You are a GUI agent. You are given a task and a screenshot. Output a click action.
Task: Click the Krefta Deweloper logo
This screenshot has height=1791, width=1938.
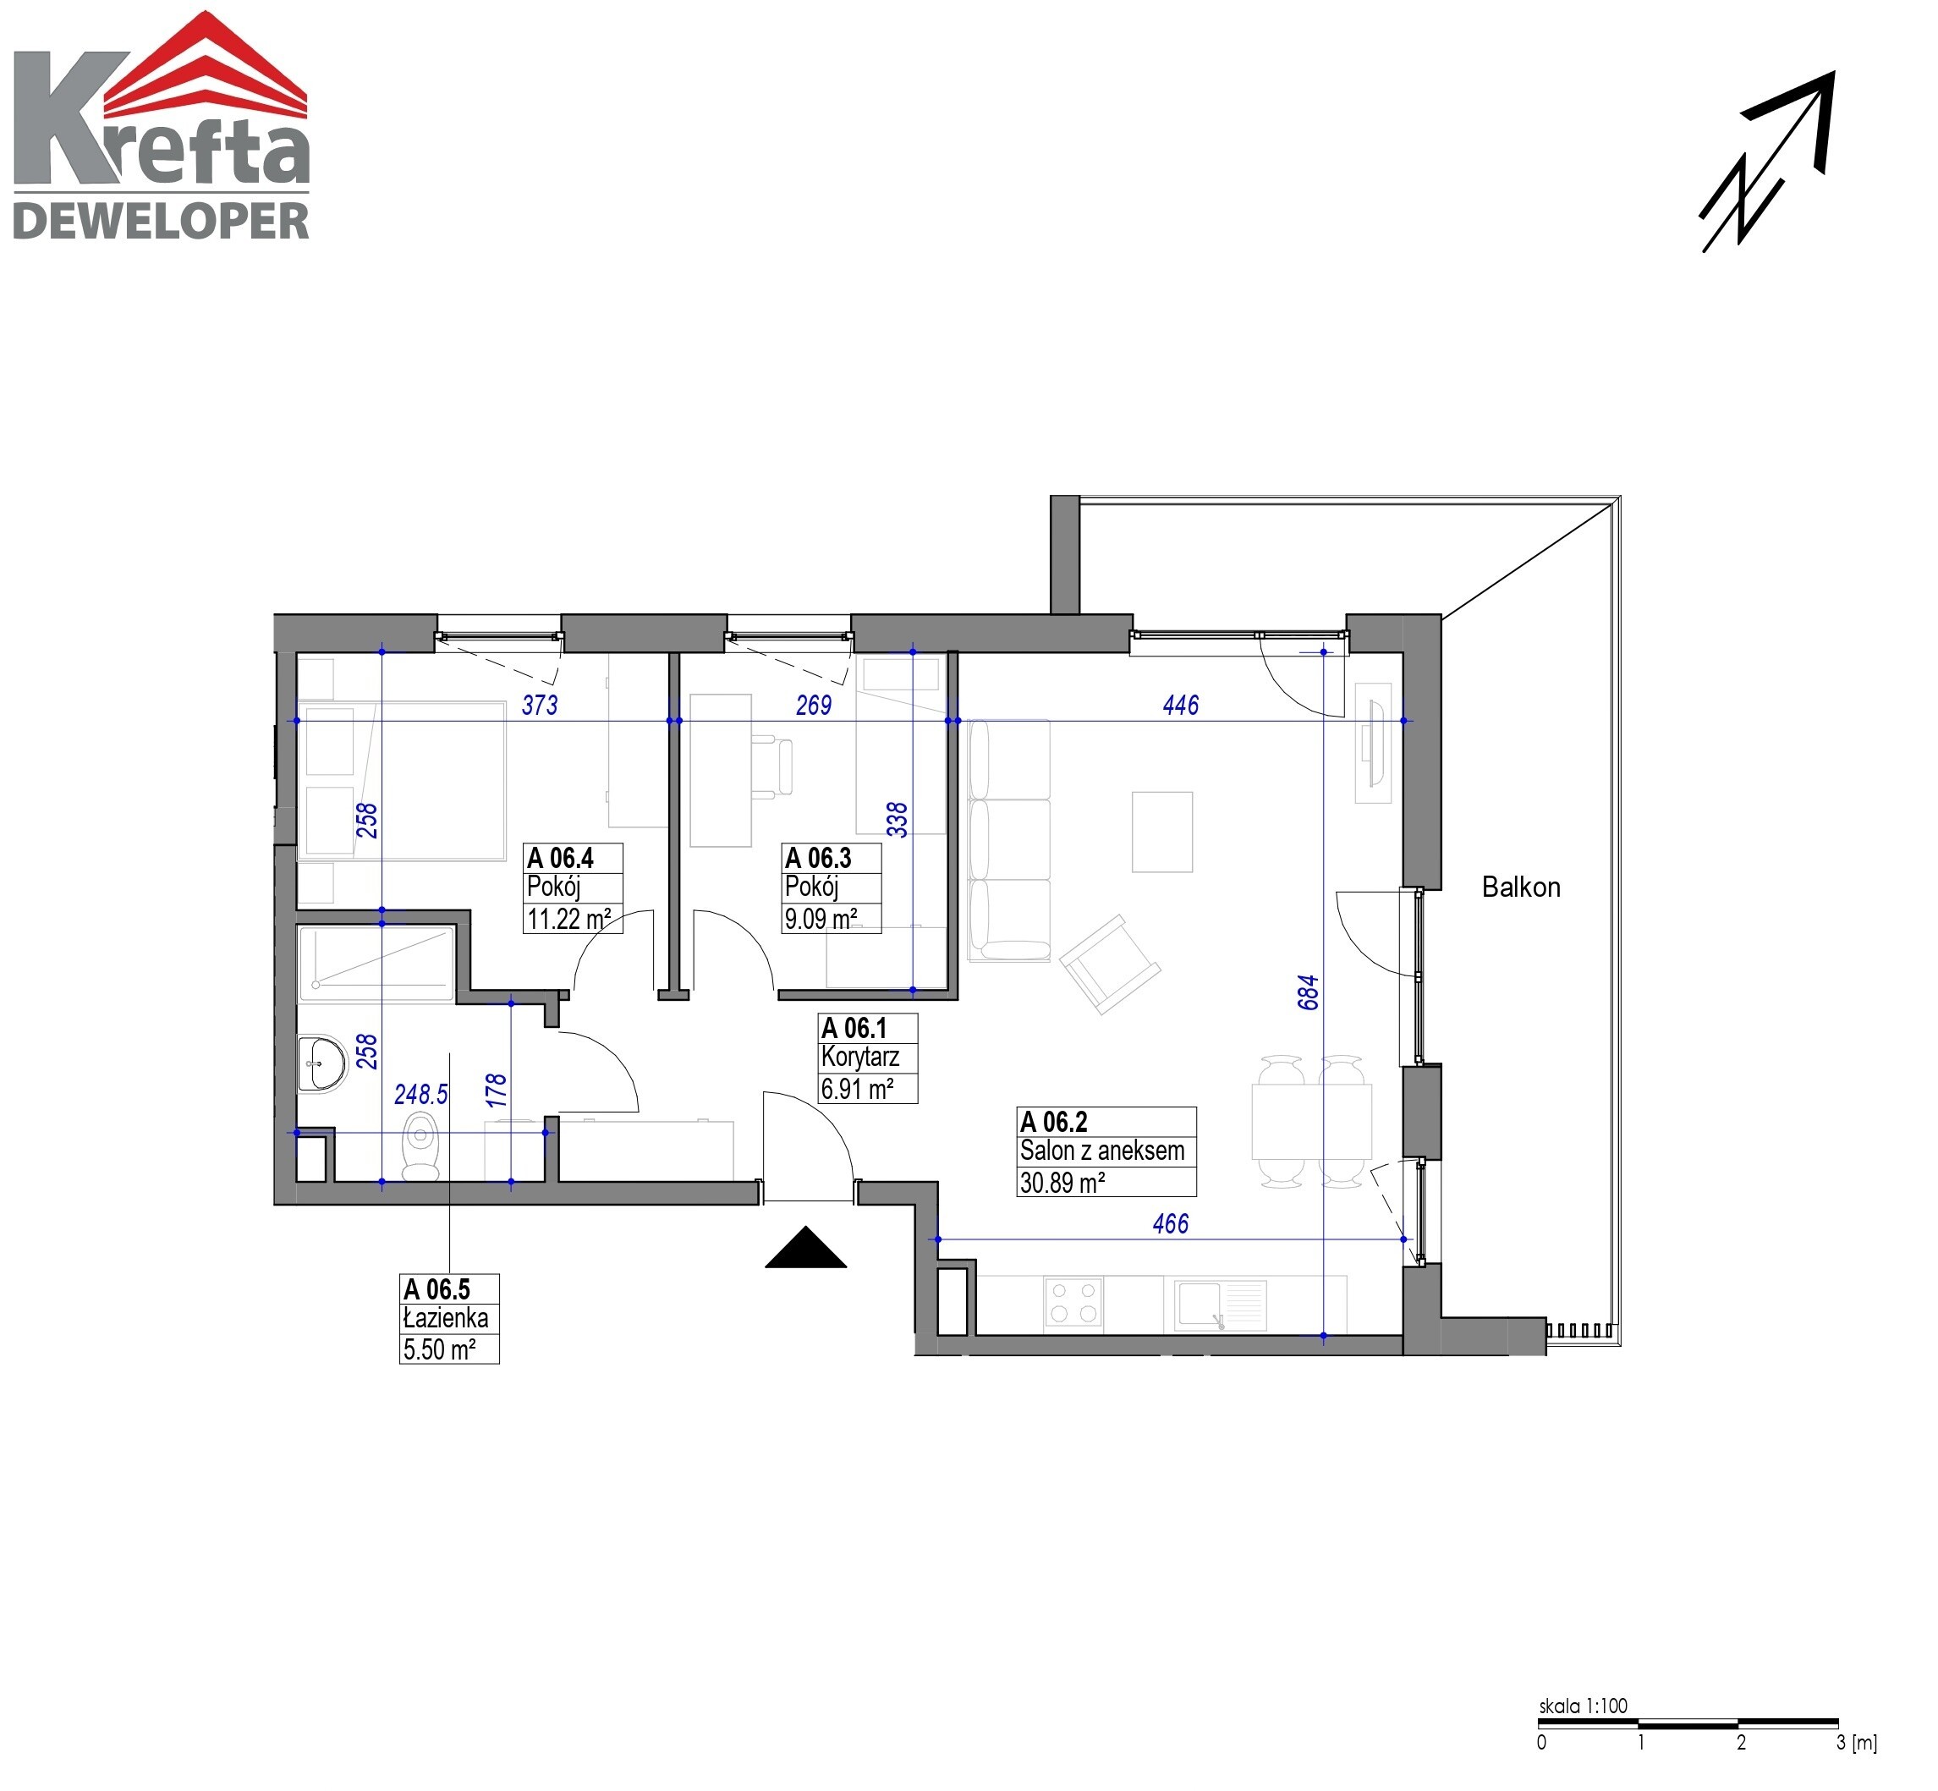pos(162,126)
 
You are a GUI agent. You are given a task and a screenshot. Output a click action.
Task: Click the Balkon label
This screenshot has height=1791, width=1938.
pos(1521,887)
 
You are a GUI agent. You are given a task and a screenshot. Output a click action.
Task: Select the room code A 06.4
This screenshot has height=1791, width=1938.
pos(560,858)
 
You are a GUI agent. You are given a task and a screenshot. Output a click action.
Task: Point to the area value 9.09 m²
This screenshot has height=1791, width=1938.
pos(821,918)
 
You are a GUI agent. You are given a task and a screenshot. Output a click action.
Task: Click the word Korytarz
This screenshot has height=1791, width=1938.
pos(860,1057)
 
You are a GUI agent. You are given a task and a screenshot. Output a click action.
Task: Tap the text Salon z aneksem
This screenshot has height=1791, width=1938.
pos(1101,1151)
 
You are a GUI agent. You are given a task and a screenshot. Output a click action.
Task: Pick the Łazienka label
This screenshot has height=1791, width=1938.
pos(446,1318)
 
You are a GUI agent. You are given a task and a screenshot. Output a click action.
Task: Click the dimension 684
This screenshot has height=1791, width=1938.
pos(1308,992)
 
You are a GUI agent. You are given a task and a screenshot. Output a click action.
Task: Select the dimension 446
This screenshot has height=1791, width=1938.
pos(1180,706)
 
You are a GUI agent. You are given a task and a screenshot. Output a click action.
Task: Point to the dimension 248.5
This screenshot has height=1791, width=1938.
pos(421,1094)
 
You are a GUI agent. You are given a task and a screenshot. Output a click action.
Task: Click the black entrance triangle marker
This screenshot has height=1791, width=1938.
pos(805,1247)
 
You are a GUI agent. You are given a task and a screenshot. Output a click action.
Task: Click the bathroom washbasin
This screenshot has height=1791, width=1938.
pos(321,1064)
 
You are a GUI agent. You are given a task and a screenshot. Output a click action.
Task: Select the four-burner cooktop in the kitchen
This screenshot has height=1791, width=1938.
pos(1073,1303)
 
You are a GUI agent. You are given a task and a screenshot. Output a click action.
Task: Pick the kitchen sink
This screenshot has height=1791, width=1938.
pos(1220,1305)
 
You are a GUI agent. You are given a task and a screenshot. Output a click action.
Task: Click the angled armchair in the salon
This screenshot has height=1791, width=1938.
pos(1110,964)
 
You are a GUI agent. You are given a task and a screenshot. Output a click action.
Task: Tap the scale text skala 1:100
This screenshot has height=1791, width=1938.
pos(1584,1706)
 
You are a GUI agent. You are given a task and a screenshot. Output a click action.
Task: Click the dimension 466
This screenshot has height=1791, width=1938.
pos(1170,1224)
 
